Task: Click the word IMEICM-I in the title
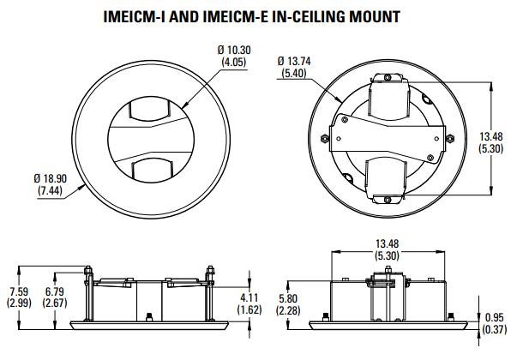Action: (136, 15)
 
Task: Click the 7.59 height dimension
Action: (18, 292)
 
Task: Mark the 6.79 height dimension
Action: (55, 292)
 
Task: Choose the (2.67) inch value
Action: (55, 303)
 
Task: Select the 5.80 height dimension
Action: (290, 299)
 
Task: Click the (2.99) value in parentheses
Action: (18, 303)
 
